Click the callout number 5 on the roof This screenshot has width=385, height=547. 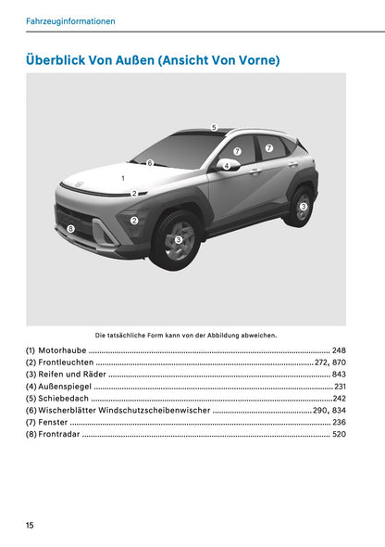(x=214, y=127)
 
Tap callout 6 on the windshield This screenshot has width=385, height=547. (x=149, y=163)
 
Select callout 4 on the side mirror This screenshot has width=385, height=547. (x=226, y=166)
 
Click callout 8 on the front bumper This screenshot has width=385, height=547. (x=70, y=228)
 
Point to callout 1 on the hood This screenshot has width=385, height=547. (x=123, y=176)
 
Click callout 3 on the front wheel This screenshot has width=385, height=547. (x=179, y=239)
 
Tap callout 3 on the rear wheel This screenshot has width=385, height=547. (x=303, y=207)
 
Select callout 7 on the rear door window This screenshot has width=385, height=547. (x=269, y=147)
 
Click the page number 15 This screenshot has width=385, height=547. (x=31, y=525)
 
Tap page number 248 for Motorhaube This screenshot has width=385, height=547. (x=338, y=350)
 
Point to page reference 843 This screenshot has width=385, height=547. (x=338, y=375)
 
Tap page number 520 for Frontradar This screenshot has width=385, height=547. (x=338, y=435)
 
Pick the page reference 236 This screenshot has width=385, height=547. (x=338, y=423)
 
